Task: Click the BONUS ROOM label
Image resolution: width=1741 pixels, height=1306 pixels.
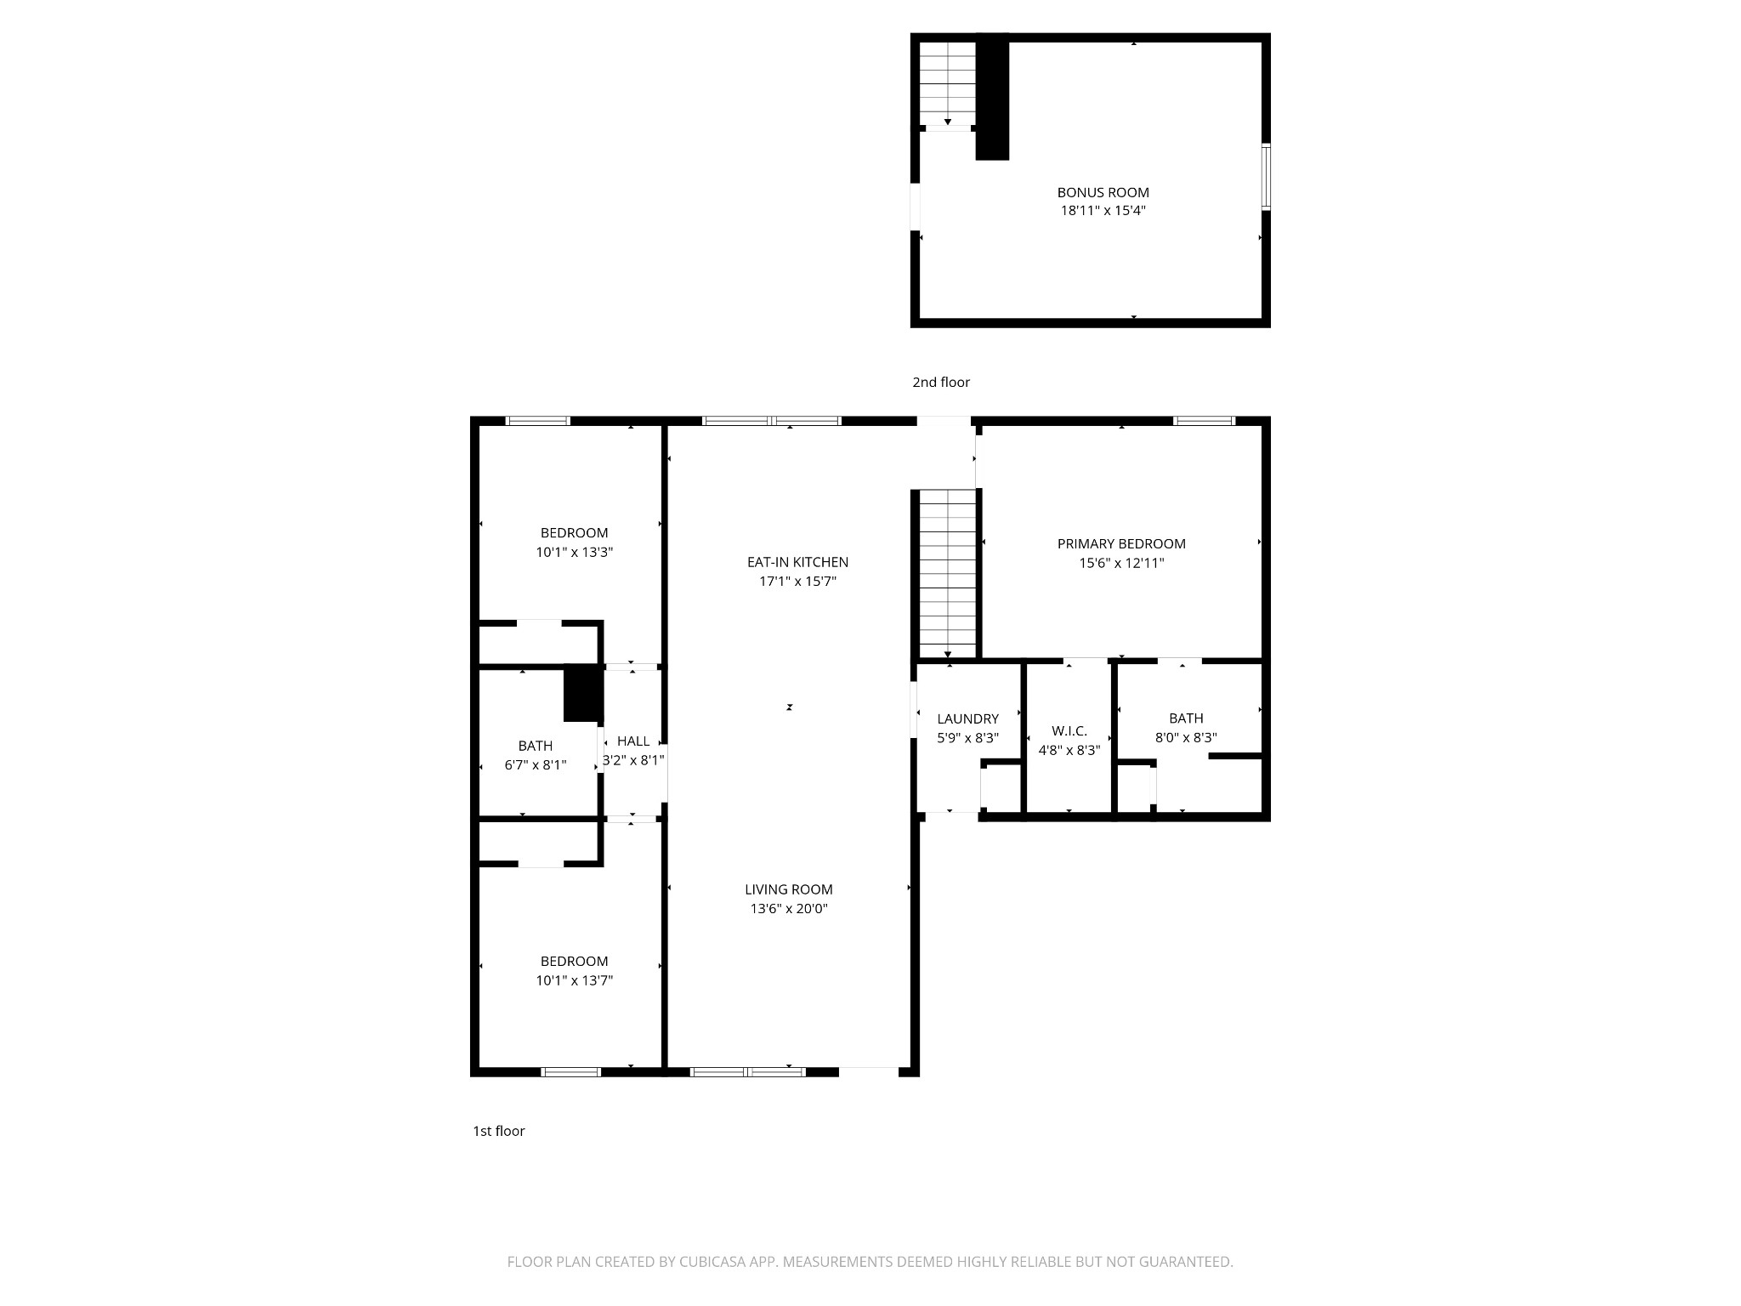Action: coord(1103,193)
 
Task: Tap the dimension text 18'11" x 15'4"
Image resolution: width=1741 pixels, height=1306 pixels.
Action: coord(1103,211)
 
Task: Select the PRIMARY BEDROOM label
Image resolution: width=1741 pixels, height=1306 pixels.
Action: coord(1121,544)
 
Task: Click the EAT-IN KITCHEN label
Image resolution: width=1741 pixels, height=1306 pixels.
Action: coord(797,562)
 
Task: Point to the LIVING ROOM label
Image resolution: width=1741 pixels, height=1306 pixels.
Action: coord(789,889)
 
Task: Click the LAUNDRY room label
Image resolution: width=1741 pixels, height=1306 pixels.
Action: coord(967,719)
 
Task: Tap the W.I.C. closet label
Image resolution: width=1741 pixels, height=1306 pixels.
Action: coord(1069,731)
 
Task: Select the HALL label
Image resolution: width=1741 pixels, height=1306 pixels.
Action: coord(633,741)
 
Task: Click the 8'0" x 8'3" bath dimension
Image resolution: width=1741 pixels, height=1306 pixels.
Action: coord(1186,738)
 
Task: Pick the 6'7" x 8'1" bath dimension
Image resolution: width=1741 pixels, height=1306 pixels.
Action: coord(536,765)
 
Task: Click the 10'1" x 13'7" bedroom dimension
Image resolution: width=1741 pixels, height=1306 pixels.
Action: coord(574,980)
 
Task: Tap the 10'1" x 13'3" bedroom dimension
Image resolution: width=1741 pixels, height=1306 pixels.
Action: coord(574,552)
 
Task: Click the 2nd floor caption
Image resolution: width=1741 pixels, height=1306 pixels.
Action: coord(941,383)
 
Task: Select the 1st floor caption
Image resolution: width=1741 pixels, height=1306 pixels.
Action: coord(499,1131)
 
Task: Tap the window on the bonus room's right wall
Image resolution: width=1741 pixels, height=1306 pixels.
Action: coord(1265,177)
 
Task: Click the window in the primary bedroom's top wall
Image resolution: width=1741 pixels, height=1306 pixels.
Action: coord(1204,421)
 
